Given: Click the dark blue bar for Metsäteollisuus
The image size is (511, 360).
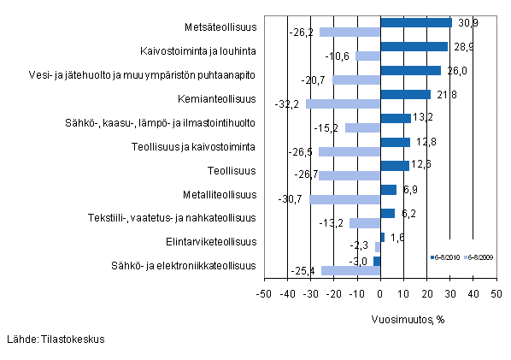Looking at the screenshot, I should click(415, 22).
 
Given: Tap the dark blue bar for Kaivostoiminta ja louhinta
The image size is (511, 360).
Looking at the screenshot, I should click(414, 46).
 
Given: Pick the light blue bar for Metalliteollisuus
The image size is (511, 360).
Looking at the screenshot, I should click(344, 199).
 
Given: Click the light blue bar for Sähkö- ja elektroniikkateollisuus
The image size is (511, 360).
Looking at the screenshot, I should click(350, 271).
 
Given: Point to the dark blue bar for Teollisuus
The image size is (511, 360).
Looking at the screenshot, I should click(395, 165).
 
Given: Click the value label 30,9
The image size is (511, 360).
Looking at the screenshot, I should click(466, 21).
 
